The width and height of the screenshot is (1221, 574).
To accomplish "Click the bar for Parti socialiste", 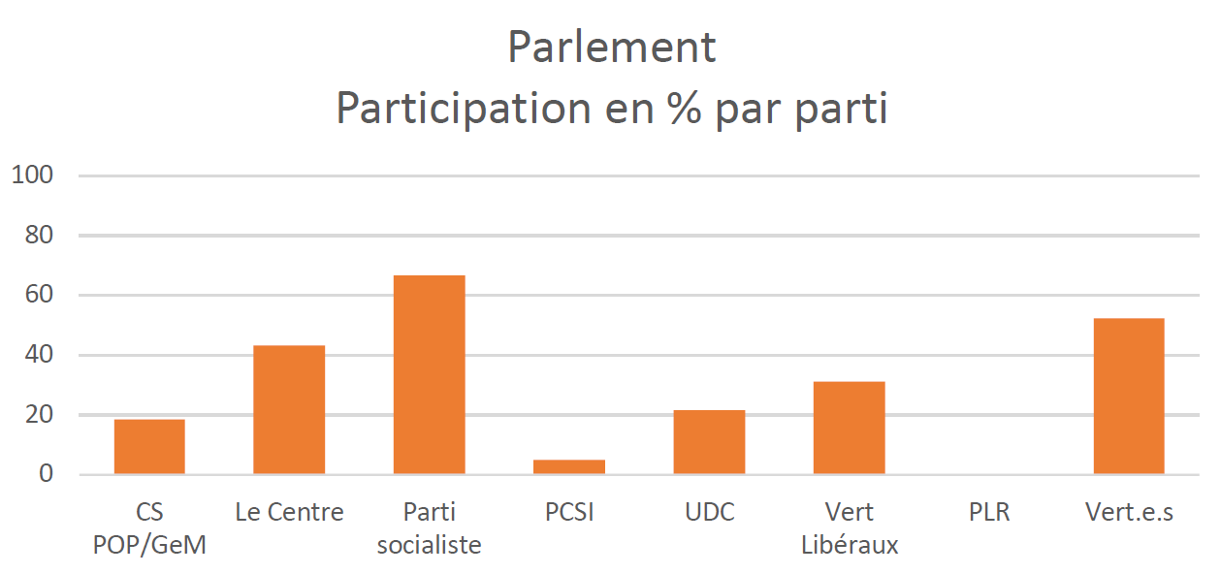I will point(429,375).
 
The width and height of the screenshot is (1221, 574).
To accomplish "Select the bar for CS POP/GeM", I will point(149,447).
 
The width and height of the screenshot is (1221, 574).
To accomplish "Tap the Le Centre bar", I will point(289,410).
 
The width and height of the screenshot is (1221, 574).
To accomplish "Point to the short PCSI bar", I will point(569,466).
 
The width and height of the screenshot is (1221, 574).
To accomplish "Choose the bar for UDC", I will point(709,442).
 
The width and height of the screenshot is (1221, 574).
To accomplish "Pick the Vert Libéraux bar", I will point(849,428).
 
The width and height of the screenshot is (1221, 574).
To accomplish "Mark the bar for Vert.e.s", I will point(1128,397).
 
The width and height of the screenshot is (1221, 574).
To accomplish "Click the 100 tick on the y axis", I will point(31,175).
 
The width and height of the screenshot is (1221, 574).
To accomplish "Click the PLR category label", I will point(988,512).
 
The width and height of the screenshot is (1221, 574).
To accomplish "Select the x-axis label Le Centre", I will point(289,512).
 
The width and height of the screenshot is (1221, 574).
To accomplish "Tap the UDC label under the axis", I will point(709,512).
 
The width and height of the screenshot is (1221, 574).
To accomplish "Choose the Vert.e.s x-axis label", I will point(1129,512).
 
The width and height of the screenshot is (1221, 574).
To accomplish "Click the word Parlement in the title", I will point(611,48).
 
